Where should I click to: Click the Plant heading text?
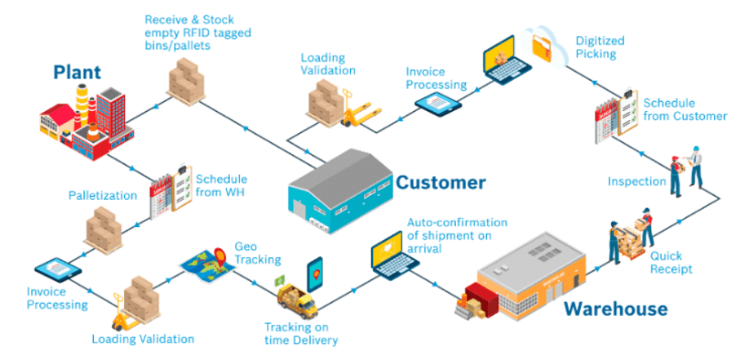click(x=77, y=73)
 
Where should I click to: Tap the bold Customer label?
click(x=441, y=182)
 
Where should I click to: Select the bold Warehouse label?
click(x=615, y=309)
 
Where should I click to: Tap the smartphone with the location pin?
click(x=315, y=271)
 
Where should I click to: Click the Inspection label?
click(x=636, y=181)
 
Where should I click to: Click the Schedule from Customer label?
click(x=685, y=109)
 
